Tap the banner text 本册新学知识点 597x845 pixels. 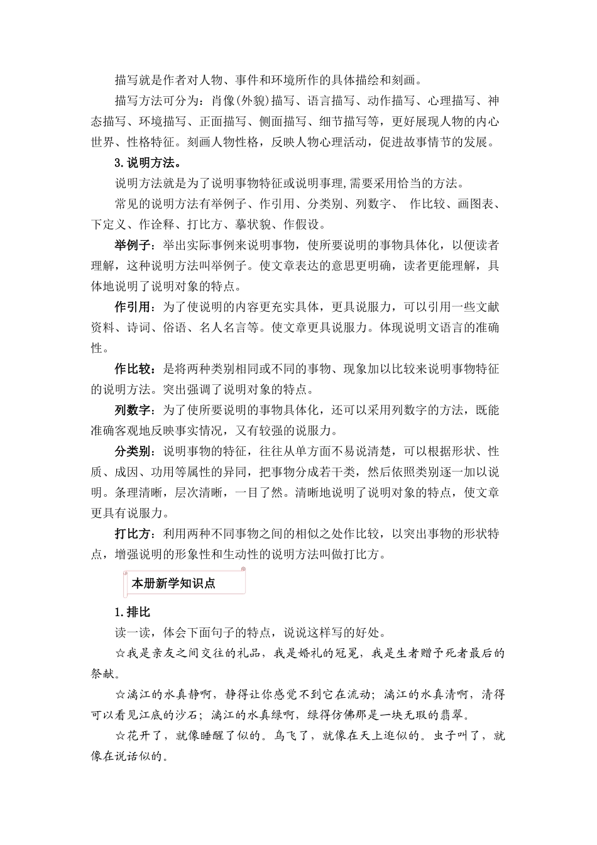(x=173, y=583)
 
